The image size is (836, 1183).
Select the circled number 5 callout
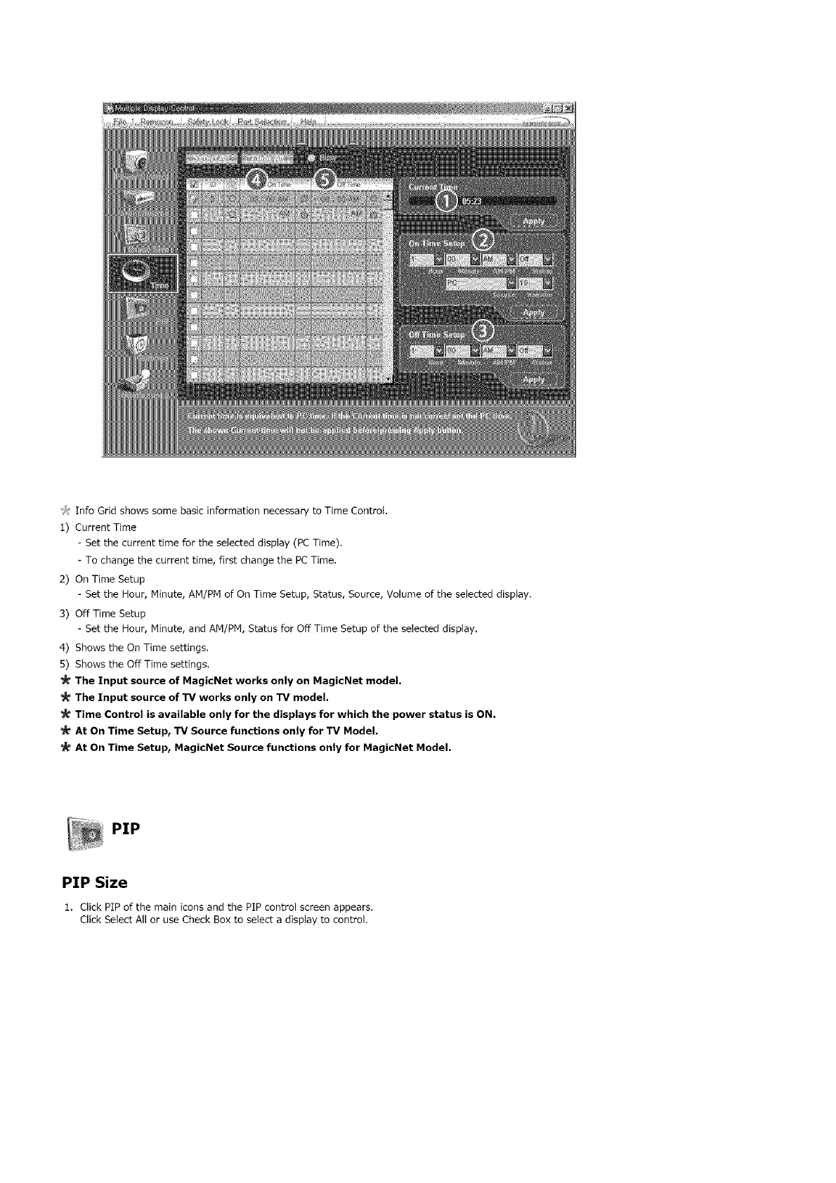327,181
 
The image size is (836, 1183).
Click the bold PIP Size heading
94,882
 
